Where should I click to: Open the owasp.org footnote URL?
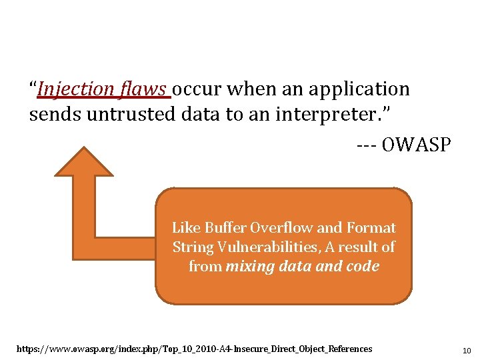point(193,349)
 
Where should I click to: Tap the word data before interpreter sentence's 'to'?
point(201,114)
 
